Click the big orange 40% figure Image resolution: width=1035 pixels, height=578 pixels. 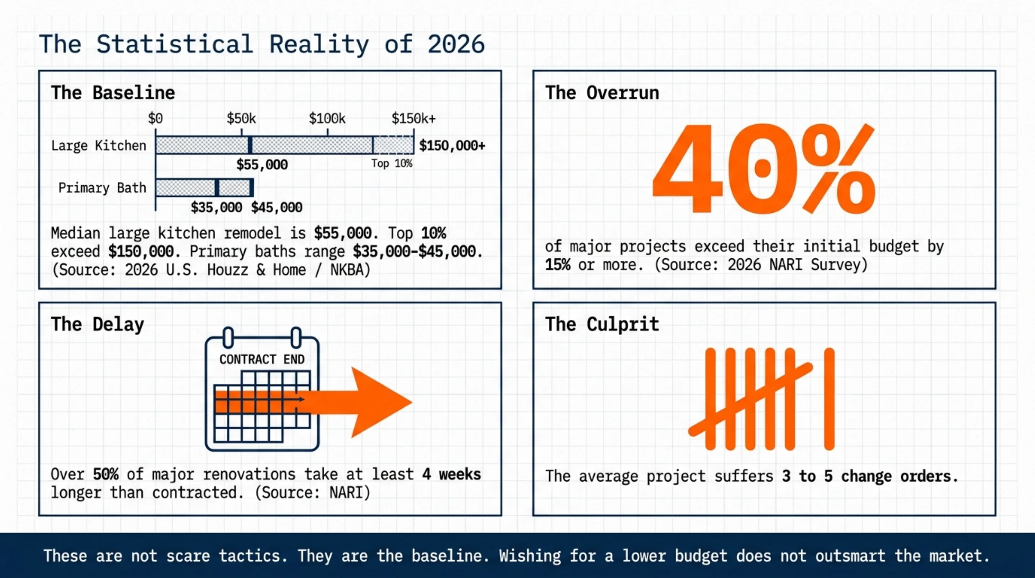[764, 169]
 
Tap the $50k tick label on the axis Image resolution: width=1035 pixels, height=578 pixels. [241, 118]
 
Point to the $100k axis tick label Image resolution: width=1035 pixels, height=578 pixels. [327, 118]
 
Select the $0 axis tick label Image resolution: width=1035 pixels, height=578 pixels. [156, 118]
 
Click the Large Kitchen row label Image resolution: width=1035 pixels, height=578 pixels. [99, 146]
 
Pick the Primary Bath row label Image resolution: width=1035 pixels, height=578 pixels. [102, 188]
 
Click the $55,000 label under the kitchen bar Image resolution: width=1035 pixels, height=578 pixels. [262, 165]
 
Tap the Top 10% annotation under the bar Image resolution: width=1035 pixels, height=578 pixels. [392, 163]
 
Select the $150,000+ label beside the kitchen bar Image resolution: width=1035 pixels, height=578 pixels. [452, 146]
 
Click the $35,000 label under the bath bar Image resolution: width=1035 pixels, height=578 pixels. [217, 207]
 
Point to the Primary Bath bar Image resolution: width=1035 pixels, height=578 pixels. [204, 188]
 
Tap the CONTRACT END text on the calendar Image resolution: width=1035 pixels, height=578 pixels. [262, 359]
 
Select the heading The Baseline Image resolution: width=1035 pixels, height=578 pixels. [113, 93]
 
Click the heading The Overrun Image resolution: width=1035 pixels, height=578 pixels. [602, 93]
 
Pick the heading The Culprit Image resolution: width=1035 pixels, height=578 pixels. [602, 324]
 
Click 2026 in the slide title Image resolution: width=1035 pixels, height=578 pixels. [456, 44]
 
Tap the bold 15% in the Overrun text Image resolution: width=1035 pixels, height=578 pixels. [557, 265]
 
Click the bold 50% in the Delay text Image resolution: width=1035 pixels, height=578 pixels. [106, 475]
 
